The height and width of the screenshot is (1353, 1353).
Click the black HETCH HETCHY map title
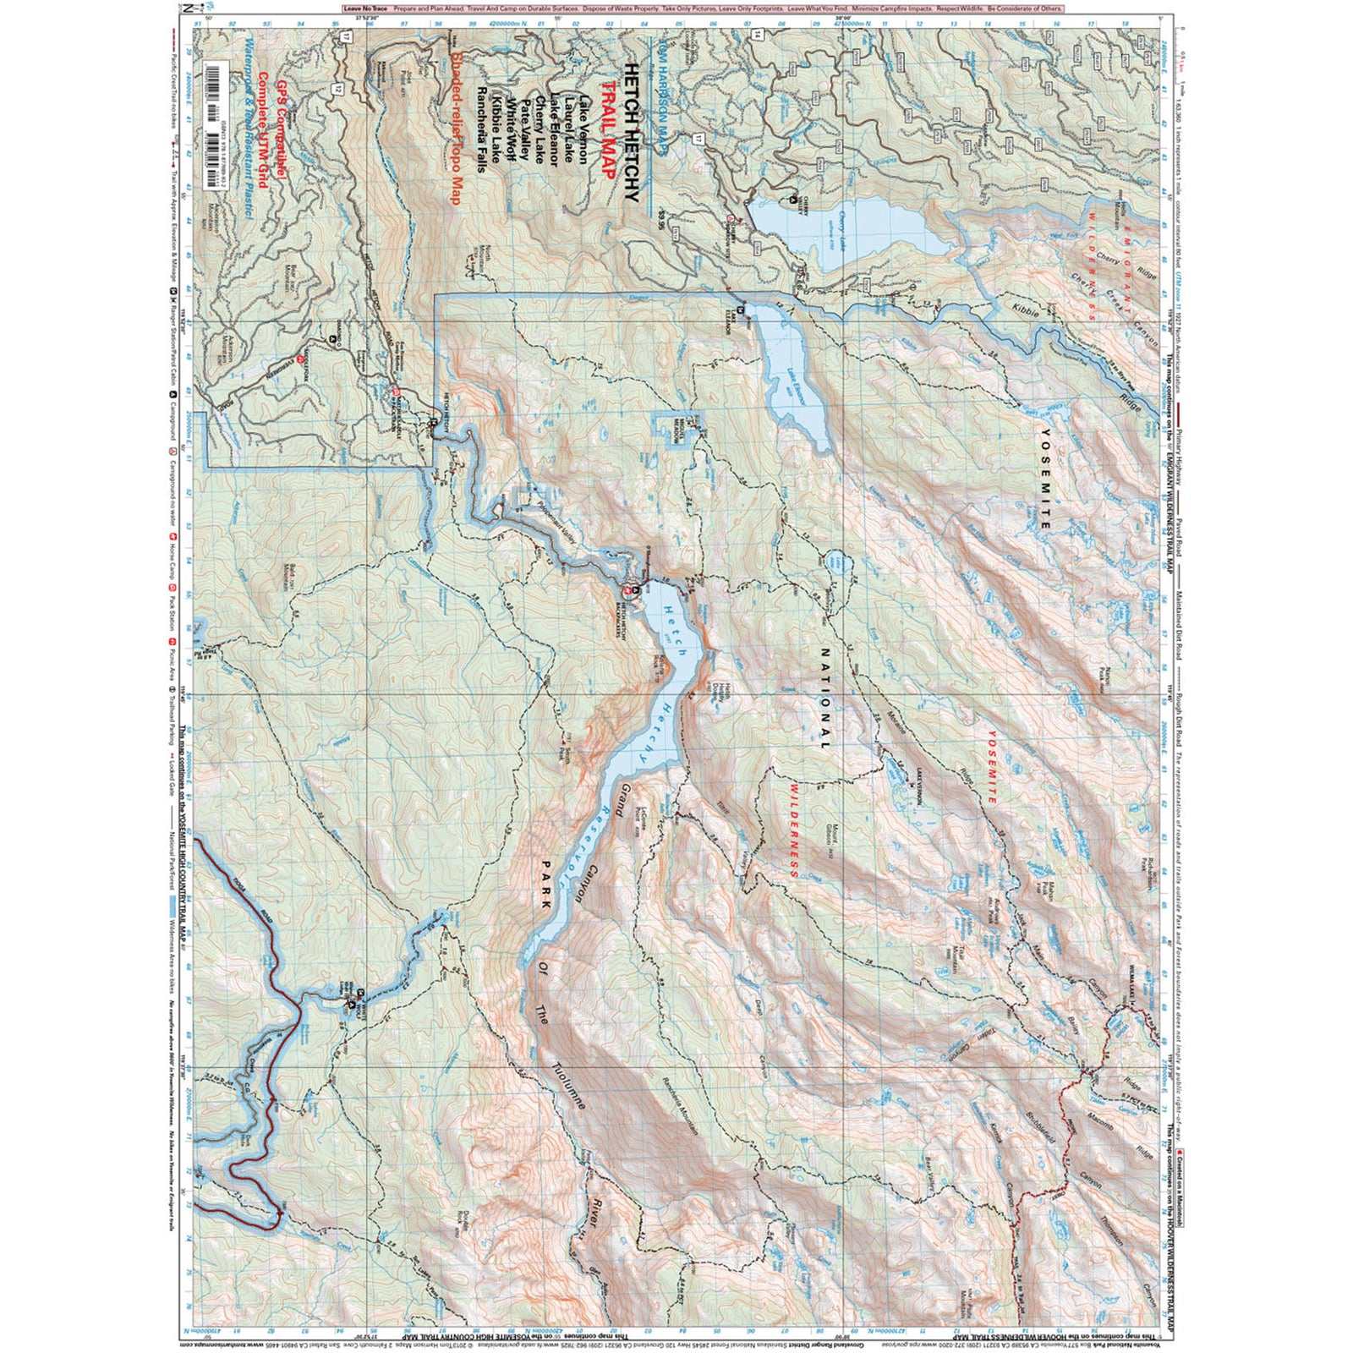631,132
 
